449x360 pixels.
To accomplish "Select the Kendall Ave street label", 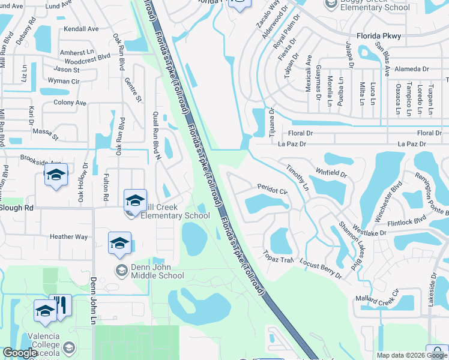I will coord(81,29).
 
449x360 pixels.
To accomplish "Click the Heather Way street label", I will coord(68,237).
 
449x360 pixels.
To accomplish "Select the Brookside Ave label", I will coord(41,163).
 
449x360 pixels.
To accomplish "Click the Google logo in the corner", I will coord(20,353).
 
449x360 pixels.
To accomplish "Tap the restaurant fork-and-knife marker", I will coord(61,306).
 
